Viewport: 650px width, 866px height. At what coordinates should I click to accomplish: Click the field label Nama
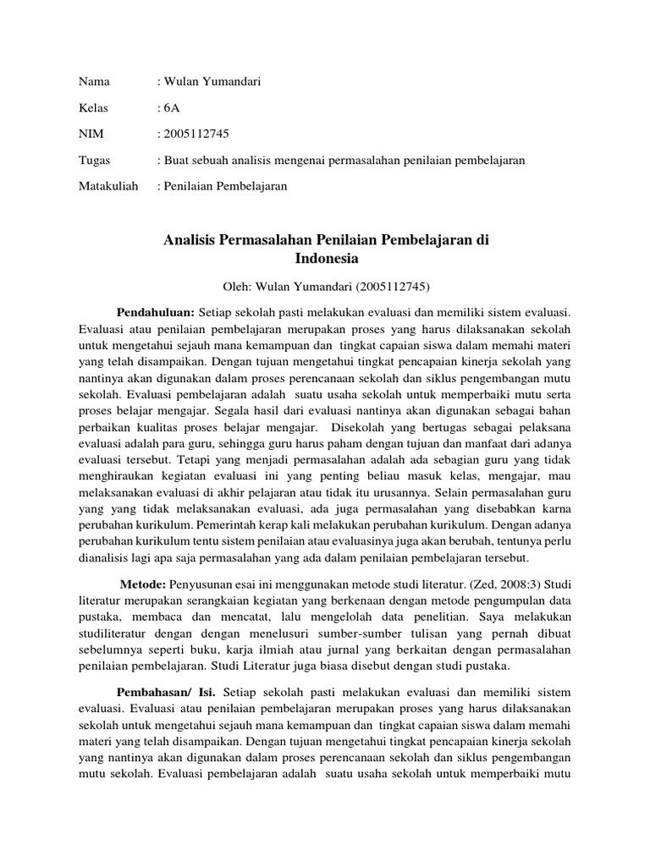click(x=92, y=81)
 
